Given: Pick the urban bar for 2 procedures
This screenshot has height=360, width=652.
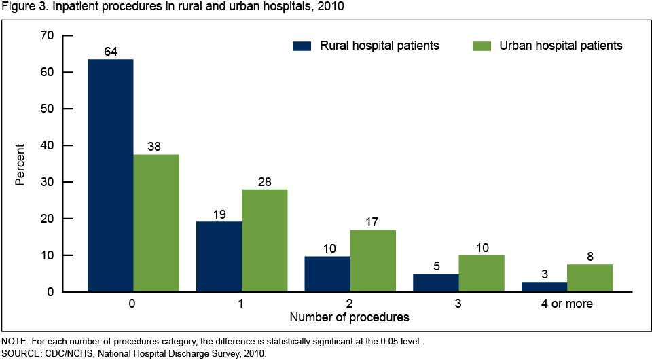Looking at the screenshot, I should click(373, 261).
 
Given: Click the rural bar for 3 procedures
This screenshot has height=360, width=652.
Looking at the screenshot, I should click(437, 283).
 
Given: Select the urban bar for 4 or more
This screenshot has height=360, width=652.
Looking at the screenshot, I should click(590, 278).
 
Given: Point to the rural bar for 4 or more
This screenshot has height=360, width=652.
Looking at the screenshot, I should click(545, 287).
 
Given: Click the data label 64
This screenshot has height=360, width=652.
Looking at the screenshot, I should click(111, 51).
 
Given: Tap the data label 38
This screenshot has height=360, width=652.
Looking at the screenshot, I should click(156, 146).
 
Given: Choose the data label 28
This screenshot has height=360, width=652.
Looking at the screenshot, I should click(265, 181).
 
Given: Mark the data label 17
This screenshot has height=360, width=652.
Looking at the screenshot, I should click(373, 221).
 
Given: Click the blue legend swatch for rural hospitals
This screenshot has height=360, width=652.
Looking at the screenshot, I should click(302, 46).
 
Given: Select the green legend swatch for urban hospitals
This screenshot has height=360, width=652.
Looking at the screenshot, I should click(480, 46).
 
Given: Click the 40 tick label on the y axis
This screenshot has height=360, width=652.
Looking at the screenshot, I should click(47, 145).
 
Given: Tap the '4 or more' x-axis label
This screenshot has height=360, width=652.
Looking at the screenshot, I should click(567, 304).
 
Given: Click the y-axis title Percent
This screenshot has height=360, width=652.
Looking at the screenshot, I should click(20, 164).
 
